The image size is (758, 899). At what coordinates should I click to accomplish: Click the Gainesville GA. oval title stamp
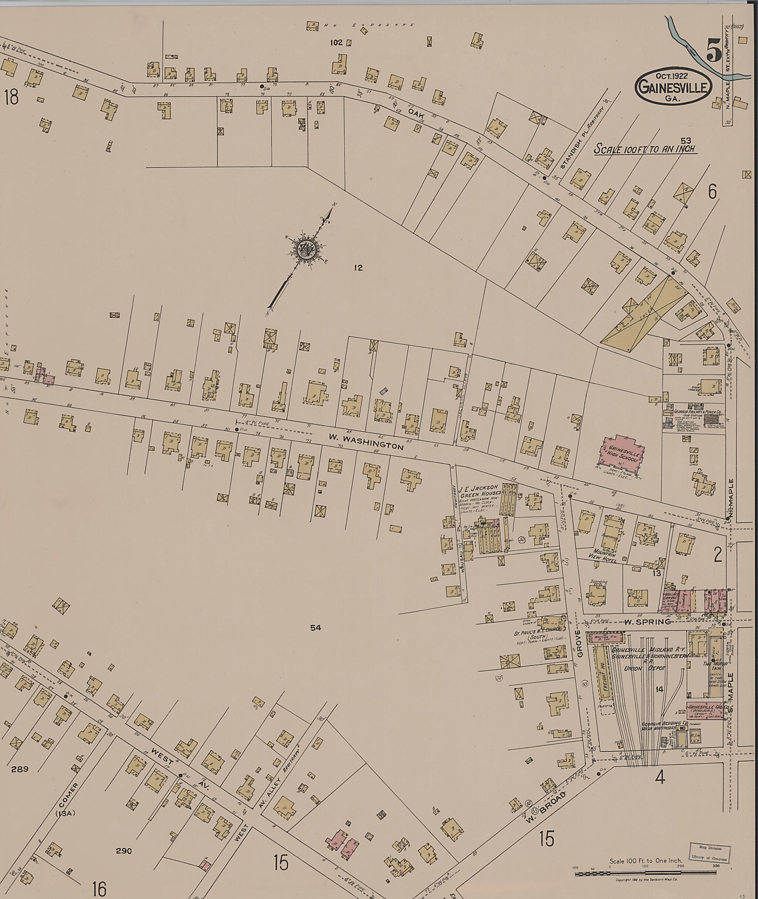tap(673, 86)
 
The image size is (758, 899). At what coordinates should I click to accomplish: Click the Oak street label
tap(416, 113)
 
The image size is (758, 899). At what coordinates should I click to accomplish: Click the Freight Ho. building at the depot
tap(603, 683)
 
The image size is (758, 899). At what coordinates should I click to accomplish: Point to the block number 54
tap(315, 628)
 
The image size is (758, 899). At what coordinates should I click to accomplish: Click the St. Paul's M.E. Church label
tap(538, 635)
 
